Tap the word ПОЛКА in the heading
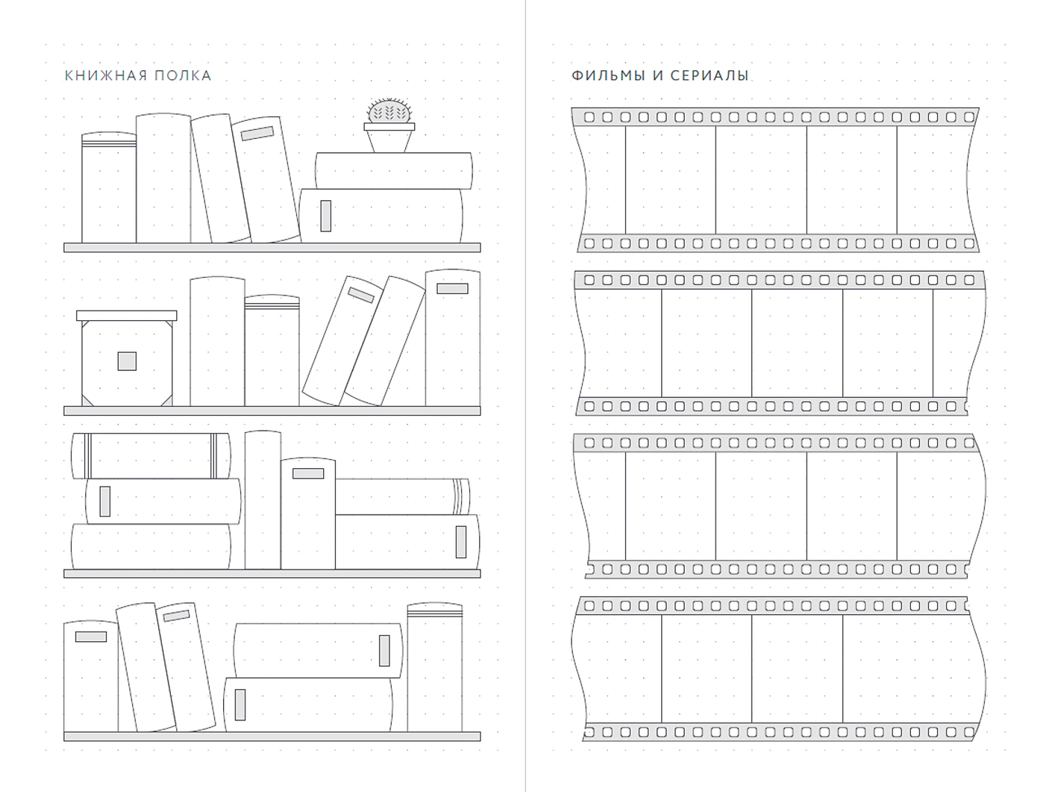[183, 75]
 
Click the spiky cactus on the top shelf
[389, 110]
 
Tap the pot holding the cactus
[389, 137]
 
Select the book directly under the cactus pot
[393, 171]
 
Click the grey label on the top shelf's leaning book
[257, 134]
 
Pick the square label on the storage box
[127, 361]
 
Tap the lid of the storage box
[127, 316]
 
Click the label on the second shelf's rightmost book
[452, 288]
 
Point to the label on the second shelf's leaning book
[361, 295]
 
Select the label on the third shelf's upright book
[308, 474]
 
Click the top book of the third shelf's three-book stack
[151, 455]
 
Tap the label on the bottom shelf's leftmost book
[91, 637]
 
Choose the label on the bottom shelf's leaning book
[176, 616]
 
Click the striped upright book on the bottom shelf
[435, 667]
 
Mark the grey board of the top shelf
[272, 247]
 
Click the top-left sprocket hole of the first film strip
[589, 117]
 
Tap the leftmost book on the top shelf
[109, 187]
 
